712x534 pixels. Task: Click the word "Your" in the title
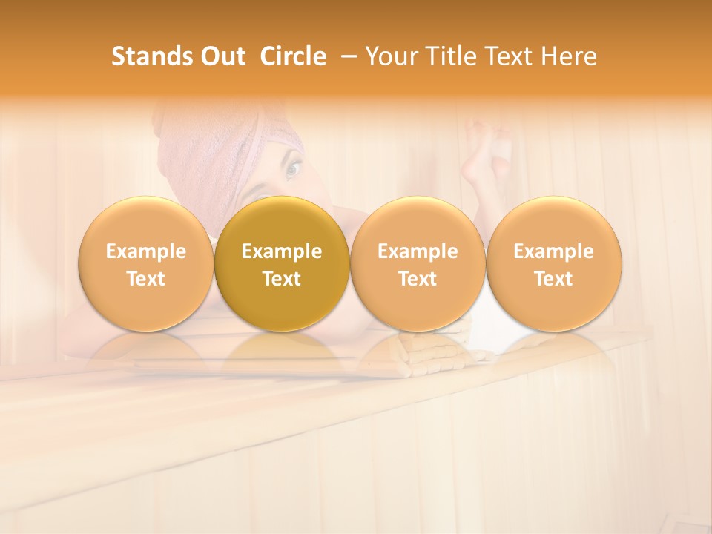(x=392, y=56)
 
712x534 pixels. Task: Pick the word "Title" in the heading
(x=449, y=56)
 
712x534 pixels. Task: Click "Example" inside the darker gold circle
(x=282, y=251)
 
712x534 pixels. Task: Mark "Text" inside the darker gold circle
(x=282, y=279)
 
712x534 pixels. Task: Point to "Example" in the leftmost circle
(x=145, y=251)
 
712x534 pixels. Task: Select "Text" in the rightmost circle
(x=553, y=279)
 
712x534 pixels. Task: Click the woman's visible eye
(x=292, y=169)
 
